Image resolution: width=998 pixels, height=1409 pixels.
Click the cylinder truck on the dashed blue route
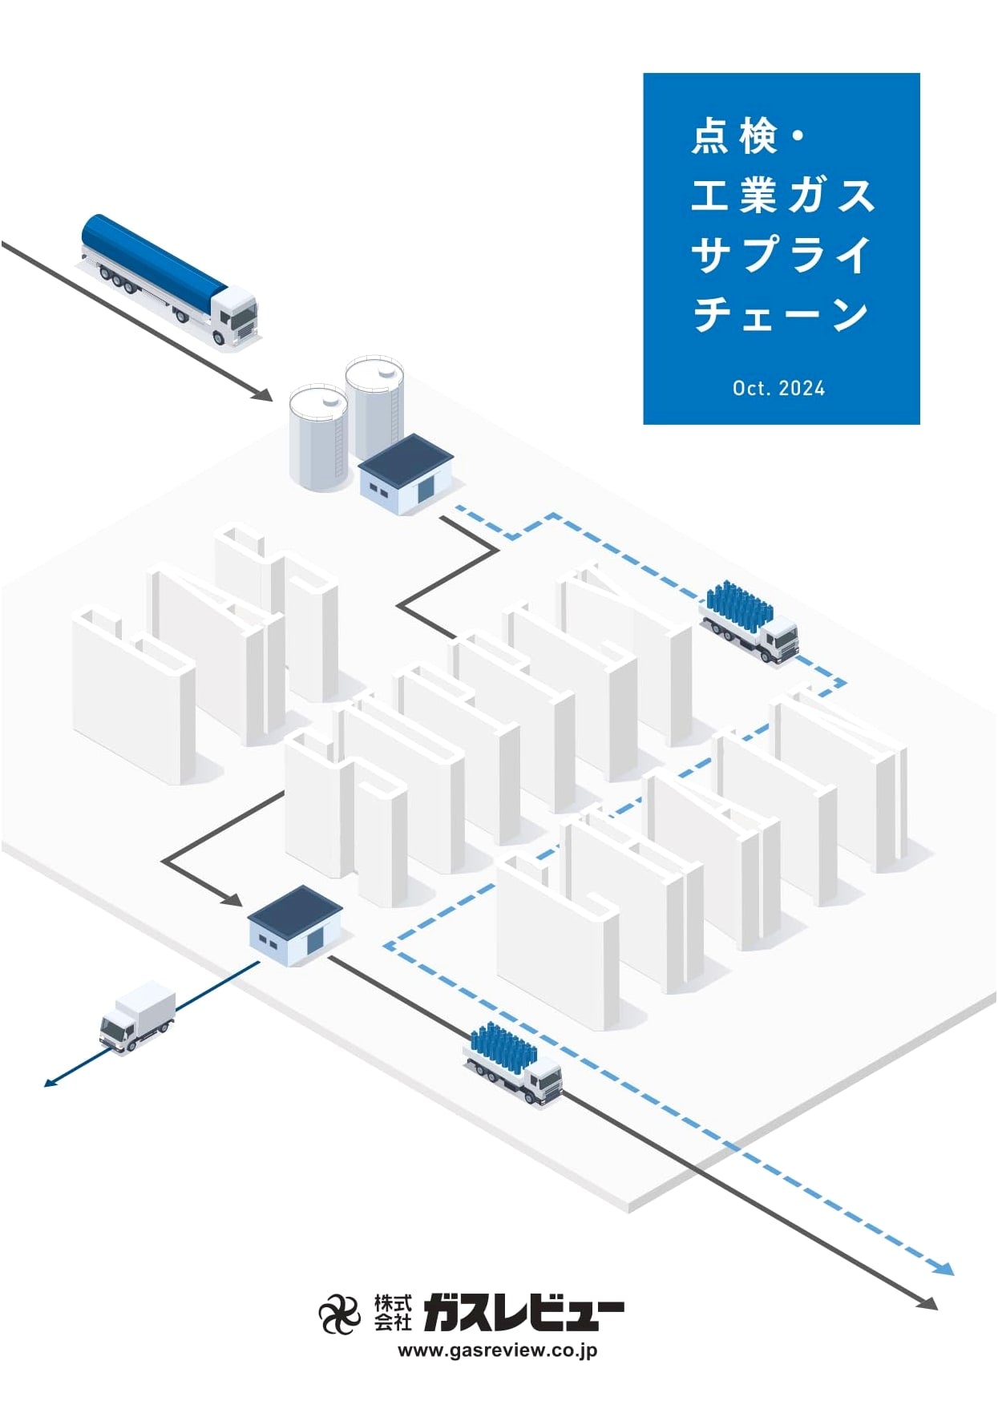coord(750,623)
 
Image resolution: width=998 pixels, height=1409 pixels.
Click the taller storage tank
coord(375,409)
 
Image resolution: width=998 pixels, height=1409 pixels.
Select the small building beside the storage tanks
coord(406,474)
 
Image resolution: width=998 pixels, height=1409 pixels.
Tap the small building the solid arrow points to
coord(295,926)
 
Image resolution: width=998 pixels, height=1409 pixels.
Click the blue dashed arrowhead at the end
coord(944,1267)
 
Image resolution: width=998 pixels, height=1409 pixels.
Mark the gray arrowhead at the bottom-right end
coord(927,1302)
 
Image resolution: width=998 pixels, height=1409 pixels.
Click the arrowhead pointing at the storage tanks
coord(263,394)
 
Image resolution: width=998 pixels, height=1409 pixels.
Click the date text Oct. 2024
coord(778,389)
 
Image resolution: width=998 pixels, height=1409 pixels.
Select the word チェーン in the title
coord(782,314)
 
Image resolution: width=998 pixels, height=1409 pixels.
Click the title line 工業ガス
coord(782,196)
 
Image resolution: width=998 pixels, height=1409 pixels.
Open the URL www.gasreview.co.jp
coord(498,1350)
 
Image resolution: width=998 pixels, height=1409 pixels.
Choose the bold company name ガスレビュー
coord(523,1312)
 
